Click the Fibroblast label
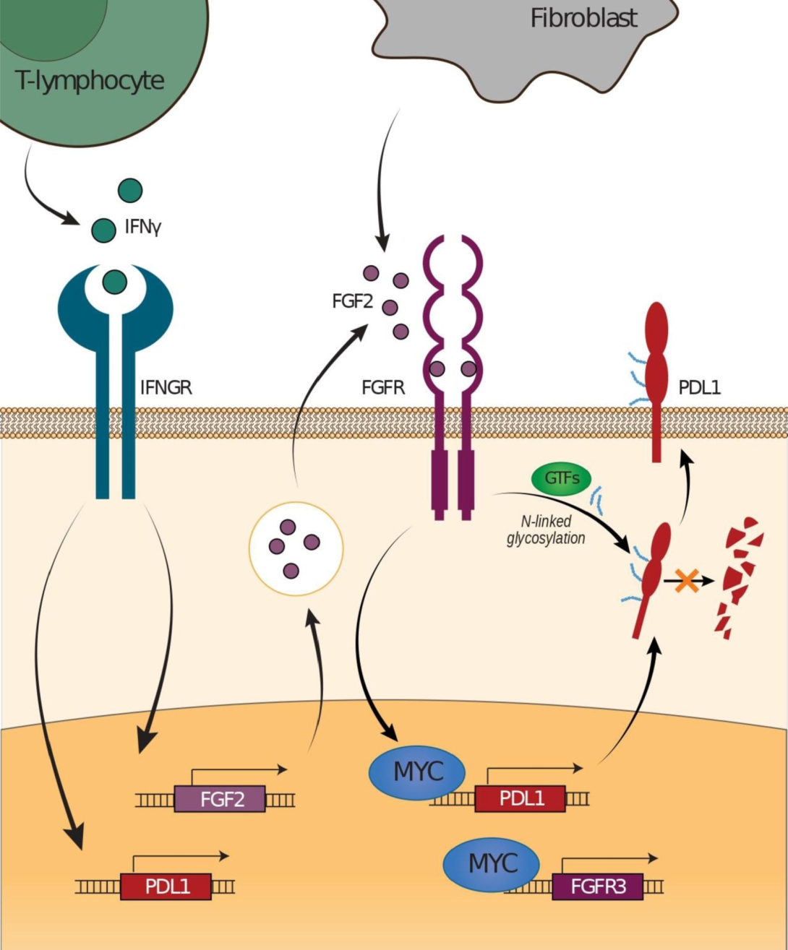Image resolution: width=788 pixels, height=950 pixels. point(583,19)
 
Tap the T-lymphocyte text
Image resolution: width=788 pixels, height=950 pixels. point(89,81)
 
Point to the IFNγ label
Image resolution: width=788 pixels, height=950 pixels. point(143,227)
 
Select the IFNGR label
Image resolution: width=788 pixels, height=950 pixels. point(166,388)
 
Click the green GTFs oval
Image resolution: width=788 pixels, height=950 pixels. point(562,478)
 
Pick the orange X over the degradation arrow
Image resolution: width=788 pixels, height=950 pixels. point(687,581)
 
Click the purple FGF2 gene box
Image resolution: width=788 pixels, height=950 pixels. point(220,798)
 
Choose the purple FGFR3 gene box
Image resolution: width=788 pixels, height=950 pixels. point(597,886)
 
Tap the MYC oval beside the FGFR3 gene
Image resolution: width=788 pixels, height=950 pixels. point(492,863)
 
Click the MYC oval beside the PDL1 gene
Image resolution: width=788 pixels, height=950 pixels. point(417,772)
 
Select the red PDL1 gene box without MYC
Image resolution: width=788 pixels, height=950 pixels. point(166,886)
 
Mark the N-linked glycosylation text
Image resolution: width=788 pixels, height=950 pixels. point(546,530)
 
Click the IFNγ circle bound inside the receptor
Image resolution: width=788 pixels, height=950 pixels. point(115,282)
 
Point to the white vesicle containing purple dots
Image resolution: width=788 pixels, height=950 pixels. point(296,549)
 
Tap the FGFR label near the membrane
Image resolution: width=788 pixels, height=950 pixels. point(383,388)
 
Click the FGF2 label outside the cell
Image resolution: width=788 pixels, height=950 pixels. point(352,301)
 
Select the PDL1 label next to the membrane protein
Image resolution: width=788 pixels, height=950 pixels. point(700,388)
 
